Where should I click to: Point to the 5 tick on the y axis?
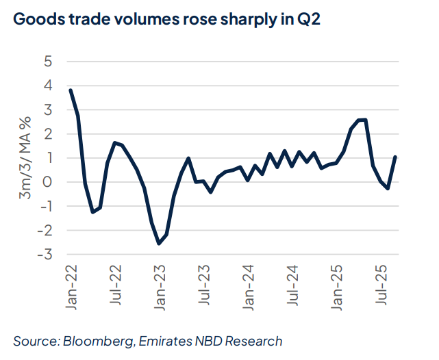(48, 61)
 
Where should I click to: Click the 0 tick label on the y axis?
(48, 182)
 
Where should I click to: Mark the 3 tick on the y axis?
(48, 110)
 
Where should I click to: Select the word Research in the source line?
(253, 340)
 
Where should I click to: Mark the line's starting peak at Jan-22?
(71, 90)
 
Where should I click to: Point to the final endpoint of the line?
(396, 157)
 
